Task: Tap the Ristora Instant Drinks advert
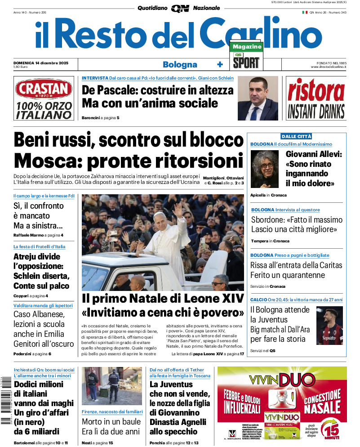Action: [x=316, y=98]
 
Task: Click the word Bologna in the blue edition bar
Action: [x=180, y=64]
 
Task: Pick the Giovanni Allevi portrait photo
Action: [x=265, y=170]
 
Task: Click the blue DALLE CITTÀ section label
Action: [x=296, y=136]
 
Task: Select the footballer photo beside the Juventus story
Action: [x=329, y=326]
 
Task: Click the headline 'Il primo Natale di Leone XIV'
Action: [x=163, y=299]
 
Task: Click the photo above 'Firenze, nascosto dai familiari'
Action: [x=111, y=386]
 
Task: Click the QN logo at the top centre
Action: [x=180, y=8]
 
